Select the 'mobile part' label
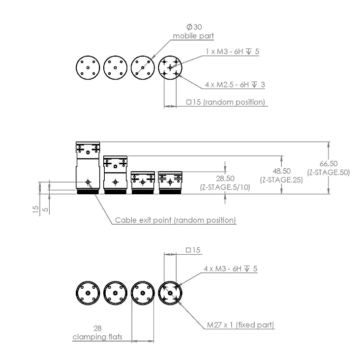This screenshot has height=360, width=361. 193,36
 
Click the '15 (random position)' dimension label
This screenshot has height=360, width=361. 226,102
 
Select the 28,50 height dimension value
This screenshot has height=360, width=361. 224,178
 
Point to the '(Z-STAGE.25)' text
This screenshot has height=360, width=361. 281,180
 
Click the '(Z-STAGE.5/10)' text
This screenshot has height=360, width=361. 224,187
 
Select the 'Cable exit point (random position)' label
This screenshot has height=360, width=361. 175,220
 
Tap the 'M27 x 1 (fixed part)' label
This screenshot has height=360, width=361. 240,325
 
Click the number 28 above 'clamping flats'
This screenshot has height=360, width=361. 97,328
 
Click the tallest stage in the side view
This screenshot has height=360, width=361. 88,167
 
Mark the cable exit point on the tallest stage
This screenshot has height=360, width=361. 88,182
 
